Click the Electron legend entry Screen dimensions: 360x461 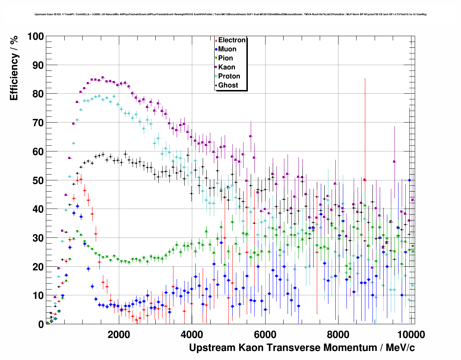[232, 40]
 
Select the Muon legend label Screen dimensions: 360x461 [227, 49]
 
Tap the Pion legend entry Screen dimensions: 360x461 [225, 58]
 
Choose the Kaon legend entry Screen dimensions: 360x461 [227, 67]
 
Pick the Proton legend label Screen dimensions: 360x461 [229, 76]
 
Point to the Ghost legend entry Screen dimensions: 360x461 [228, 85]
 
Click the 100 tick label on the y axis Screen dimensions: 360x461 [35, 37]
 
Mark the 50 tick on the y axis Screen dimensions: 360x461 [38, 180]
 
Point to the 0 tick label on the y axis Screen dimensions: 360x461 [41, 324]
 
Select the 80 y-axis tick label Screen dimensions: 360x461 [38, 94]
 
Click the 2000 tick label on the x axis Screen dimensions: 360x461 [119, 334]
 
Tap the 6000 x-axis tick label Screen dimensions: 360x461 [265, 334]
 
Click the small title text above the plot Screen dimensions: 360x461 [231, 14]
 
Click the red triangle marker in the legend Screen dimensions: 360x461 [216, 40]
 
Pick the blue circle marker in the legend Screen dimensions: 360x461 [216, 50]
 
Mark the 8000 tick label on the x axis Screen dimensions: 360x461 [338, 334]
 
